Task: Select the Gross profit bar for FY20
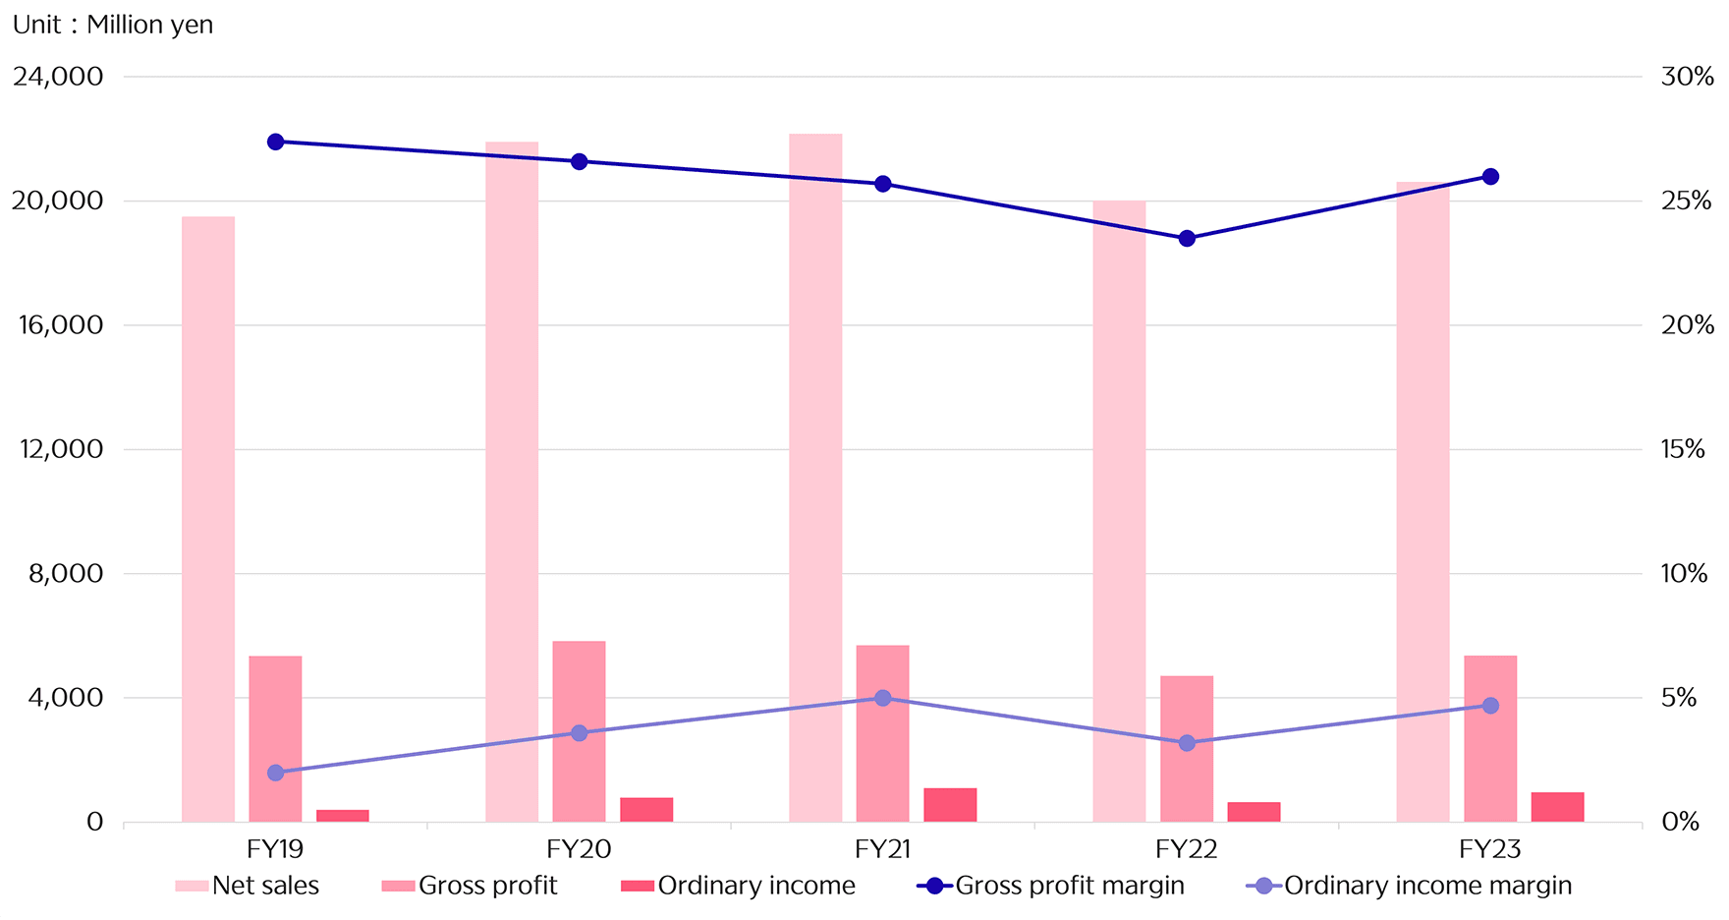tap(579, 731)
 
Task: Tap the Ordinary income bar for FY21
tap(950, 805)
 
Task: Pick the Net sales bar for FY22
tap(1119, 511)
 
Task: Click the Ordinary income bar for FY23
tap(1557, 807)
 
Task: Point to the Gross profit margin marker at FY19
tap(275, 142)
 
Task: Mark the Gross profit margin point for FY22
tap(1187, 238)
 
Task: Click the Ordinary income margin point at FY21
tap(882, 698)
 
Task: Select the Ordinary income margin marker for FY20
tap(579, 733)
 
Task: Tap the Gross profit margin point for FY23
tap(1490, 177)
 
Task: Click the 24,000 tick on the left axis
tap(58, 77)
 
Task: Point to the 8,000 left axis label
tap(66, 574)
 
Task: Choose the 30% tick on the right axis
tap(1687, 77)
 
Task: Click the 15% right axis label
tap(1683, 449)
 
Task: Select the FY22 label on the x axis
tap(1187, 849)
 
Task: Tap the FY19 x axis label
tap(275, 849)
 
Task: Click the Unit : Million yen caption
tap(113, 25)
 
